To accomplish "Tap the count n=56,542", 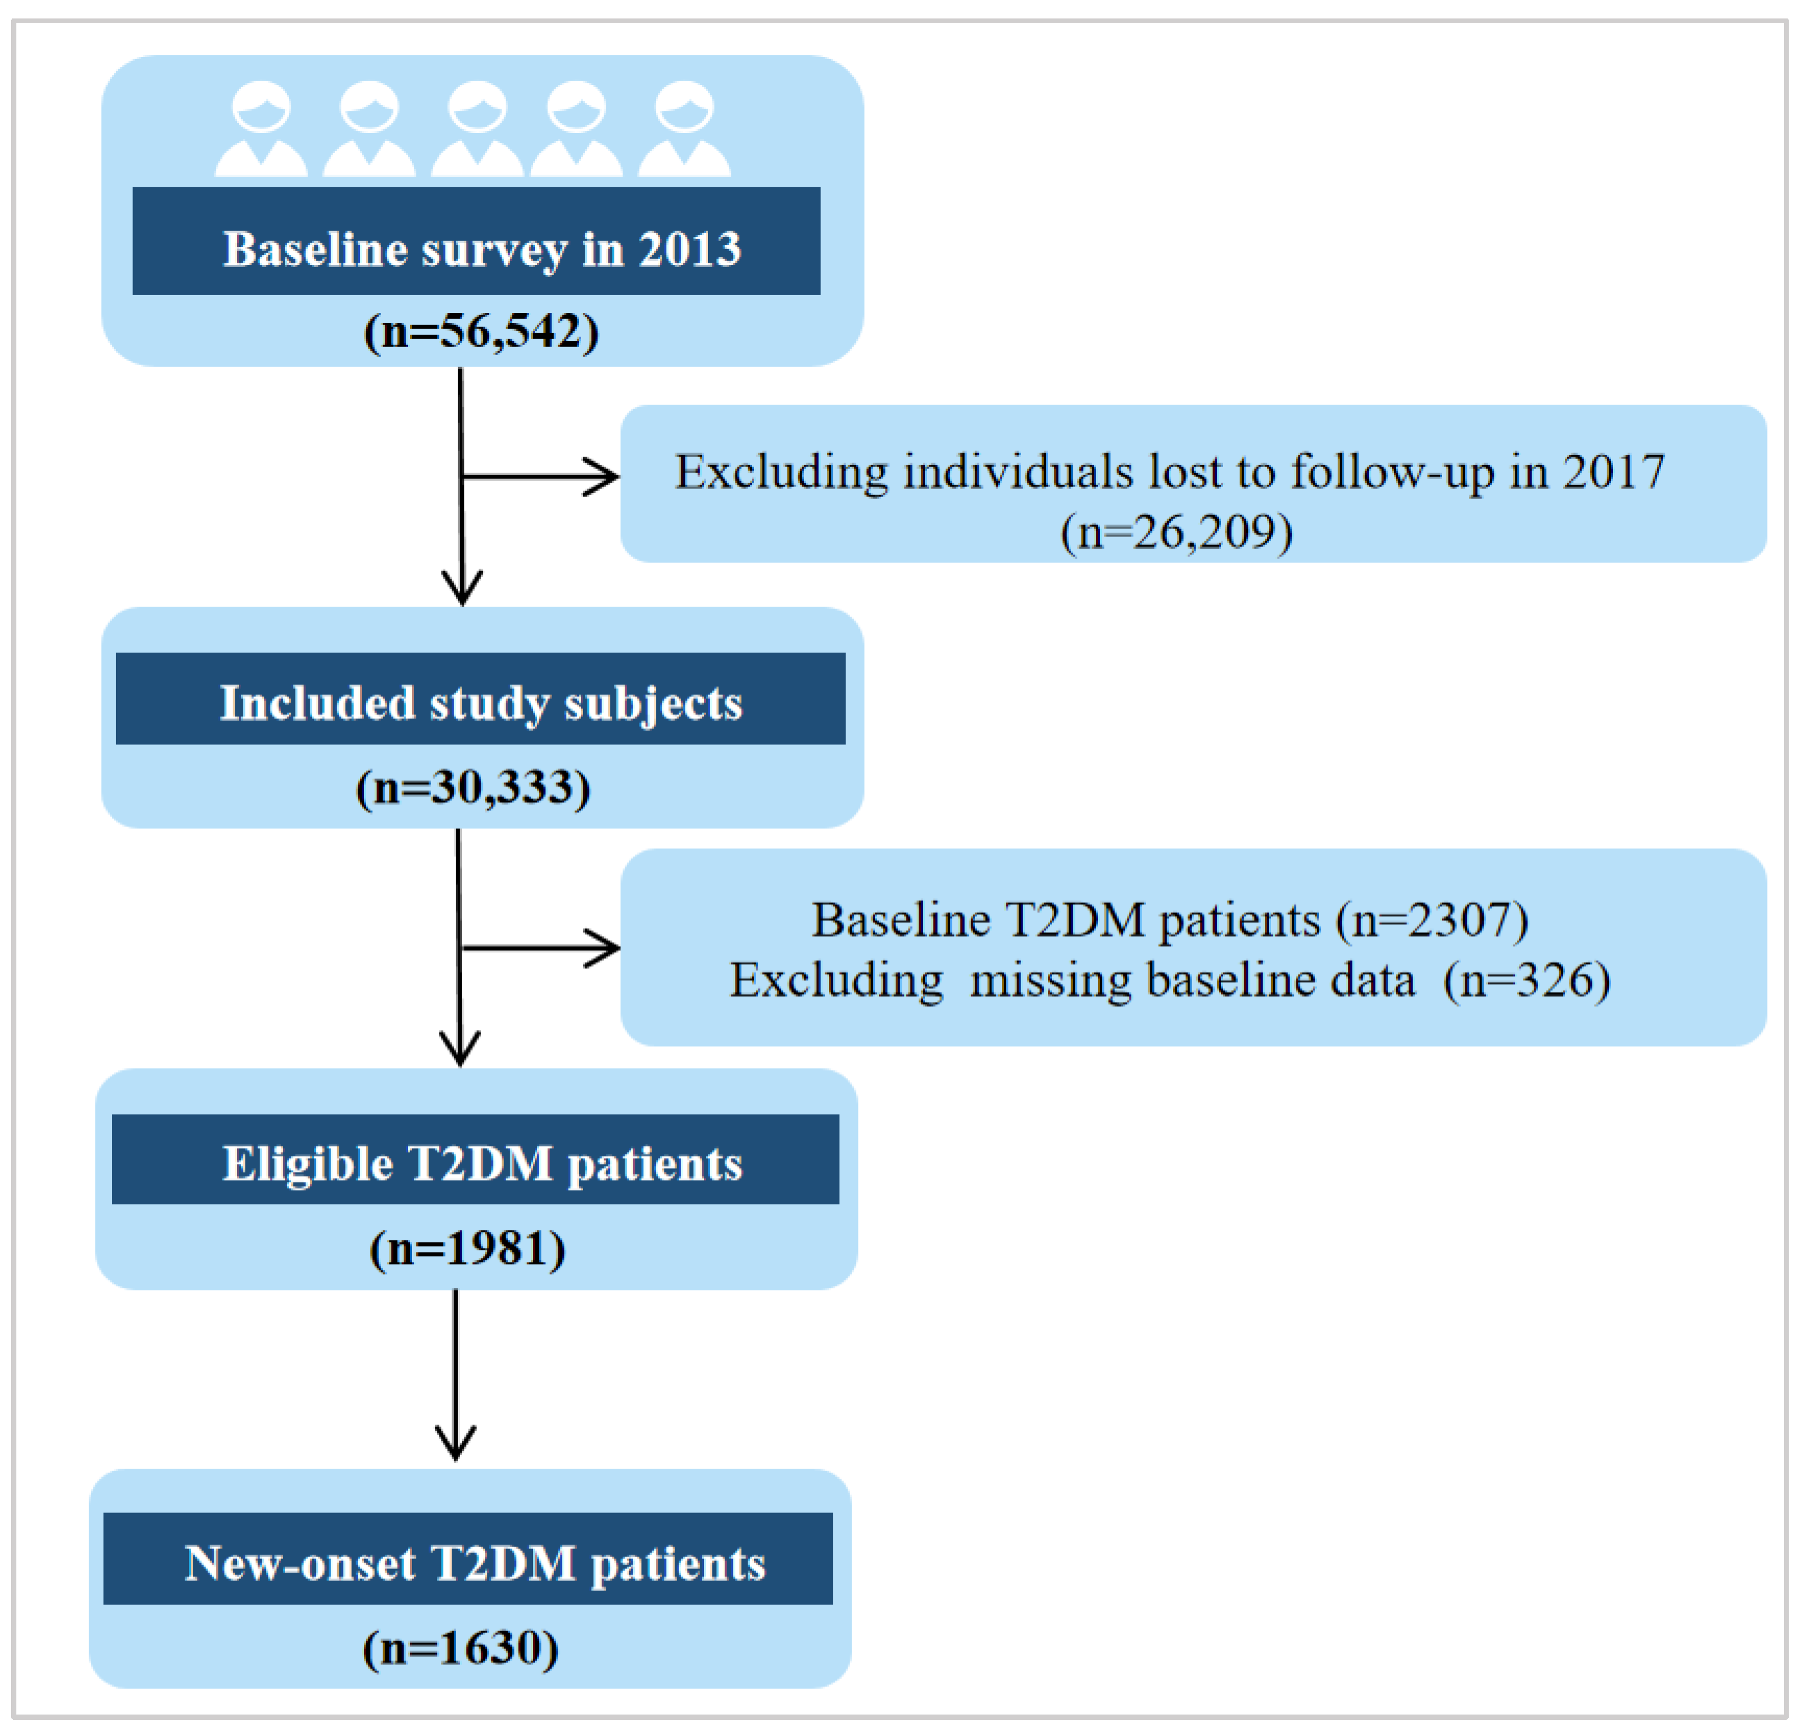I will (x=481, y=331).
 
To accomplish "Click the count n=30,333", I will (x=473, y=788).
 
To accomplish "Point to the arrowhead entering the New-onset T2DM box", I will (x=455, y=1444).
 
